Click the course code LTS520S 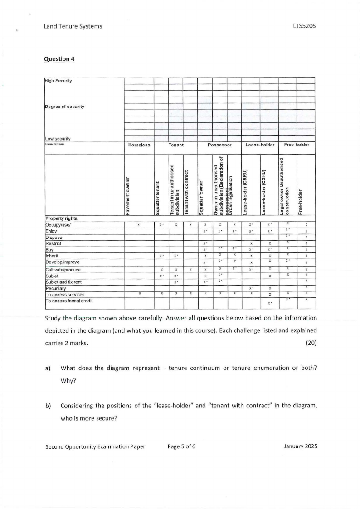[304, 26]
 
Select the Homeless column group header [139, 145]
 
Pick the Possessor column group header [219, 145]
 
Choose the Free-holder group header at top [297, 145]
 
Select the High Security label [58, 81]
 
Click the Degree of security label [64, 107]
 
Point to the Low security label [58, 139]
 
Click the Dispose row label [54, 237]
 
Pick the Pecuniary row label [56, 288]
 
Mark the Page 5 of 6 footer [181, 446]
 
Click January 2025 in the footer [300, 446]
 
